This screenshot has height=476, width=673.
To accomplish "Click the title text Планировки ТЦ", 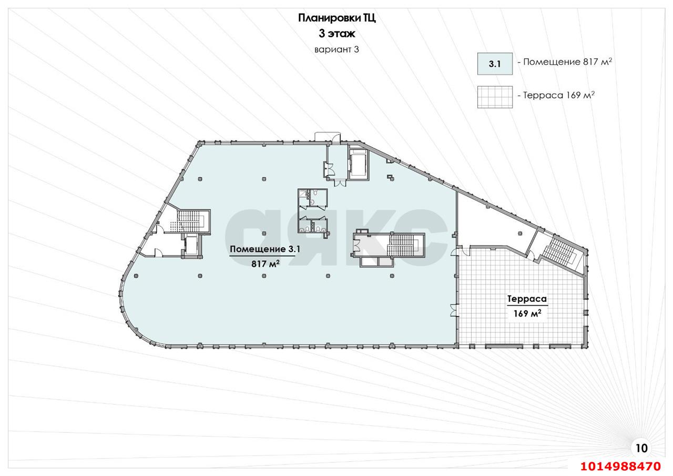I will [x=336, y=18].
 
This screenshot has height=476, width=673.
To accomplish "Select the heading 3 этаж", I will [x=336, y=34].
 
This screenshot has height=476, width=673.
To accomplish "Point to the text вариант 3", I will [x=336, y=50].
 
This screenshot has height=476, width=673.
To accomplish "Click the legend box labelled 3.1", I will [x=495, y=64].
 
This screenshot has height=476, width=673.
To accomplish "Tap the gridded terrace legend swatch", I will [x=495, y=97].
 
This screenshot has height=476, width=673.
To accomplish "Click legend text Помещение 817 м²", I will [x=566, y=62].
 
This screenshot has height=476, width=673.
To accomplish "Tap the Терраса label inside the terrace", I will [x=527, y=299].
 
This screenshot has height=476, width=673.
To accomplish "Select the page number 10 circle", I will [x=641, y=448].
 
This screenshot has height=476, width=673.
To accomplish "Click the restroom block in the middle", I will [x=312, y=210].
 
